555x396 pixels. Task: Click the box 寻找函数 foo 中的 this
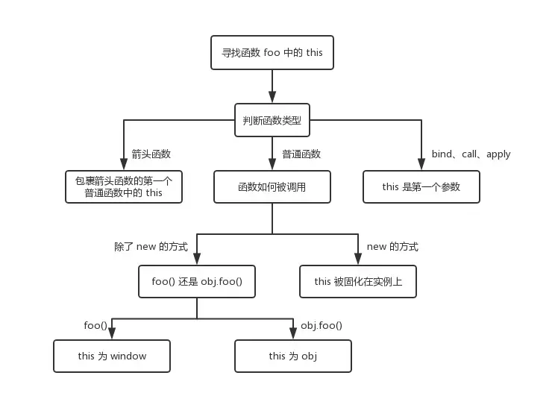coord(272,54)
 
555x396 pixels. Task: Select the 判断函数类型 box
coord(272,120)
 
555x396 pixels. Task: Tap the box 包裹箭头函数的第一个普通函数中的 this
coord(124,186)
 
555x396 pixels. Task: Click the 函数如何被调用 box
coord(272,186)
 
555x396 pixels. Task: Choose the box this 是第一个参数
coord(421,186)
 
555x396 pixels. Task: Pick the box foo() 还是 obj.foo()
coord(197,282)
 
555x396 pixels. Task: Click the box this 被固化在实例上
coord(357,282)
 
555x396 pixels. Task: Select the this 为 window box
coord(112,356)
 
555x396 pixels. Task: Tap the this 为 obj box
coord(293,356)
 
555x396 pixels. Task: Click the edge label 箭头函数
coord(151,154)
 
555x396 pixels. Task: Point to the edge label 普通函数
coord(301,154)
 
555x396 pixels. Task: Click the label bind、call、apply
coord(471,154)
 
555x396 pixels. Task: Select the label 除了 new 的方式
coord(151,247)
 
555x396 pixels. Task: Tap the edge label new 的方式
coord(392,247)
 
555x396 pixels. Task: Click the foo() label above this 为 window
coord(95,325)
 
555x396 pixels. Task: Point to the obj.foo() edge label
coord(322,325)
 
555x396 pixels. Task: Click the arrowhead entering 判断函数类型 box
coord(272,98)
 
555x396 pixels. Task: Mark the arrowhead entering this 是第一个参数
coord(421,165)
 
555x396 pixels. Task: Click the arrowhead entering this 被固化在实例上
coord(357,260)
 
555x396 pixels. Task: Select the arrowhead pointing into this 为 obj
coord(293,334)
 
